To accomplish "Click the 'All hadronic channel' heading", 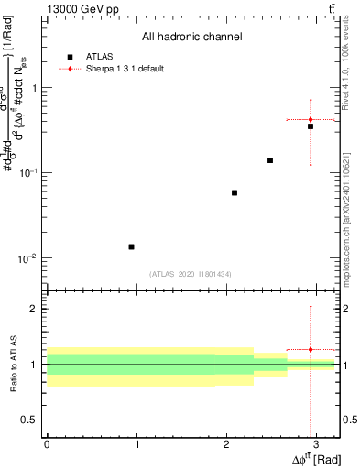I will [191, 38].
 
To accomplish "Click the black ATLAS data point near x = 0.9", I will [131, 246].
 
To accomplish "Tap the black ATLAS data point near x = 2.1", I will [235, 192].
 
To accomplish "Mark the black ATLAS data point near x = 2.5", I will [270, 160].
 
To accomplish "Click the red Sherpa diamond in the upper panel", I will [311, 119].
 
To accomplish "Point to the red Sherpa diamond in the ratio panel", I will [311, 349].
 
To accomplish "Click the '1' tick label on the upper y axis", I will [34, 88].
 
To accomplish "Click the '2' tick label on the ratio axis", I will [34, 309].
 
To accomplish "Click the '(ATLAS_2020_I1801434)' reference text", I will [191, 274].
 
